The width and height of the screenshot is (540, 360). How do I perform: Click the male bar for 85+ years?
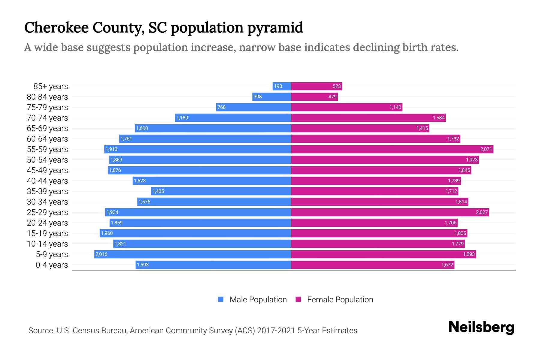point(282,86)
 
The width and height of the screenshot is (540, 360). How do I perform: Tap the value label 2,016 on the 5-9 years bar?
point(101,254)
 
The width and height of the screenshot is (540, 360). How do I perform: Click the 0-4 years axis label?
point(52,265)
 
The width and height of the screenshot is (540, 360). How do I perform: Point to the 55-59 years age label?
point(47,149)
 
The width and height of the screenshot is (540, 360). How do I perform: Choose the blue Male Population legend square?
point(221,299)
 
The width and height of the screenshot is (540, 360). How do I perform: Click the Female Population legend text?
point(340,300)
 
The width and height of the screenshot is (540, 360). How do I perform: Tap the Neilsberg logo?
point(481,327)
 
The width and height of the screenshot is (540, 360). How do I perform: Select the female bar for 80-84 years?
point(314,97)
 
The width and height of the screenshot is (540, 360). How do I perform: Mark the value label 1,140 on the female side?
point(395,107)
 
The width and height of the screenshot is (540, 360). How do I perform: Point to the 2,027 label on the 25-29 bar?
point(481,212)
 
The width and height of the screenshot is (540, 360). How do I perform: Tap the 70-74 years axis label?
point(47,118)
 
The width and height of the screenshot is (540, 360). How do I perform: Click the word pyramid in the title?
point(275,28)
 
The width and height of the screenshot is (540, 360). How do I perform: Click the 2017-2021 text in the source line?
point(276,331)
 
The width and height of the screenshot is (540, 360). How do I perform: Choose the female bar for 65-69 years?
point(360,128)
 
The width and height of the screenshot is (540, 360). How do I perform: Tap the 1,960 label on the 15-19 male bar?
point(107,233)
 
